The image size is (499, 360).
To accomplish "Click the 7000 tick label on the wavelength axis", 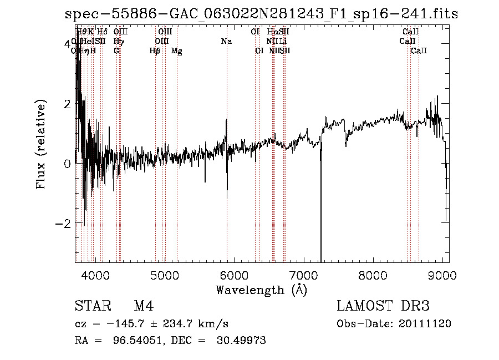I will tap(303, 275).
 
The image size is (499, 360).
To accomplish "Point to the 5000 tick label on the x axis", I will tap(164, 275).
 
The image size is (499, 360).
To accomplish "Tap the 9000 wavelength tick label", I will tap(442, 275).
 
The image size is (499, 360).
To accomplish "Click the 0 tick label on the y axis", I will tap(67, 163).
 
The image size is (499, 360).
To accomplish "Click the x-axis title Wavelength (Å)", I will tap(261, 290).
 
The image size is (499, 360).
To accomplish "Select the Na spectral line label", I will tap(226, 42).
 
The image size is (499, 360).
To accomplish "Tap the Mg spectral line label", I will tap(177, 51).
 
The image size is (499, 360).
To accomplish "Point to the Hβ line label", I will tap(155, 51).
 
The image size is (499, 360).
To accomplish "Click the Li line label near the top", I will tap(283, 42).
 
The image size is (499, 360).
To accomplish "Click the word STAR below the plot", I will tap(92, 306).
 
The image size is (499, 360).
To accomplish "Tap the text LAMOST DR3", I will tap(383, 306).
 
